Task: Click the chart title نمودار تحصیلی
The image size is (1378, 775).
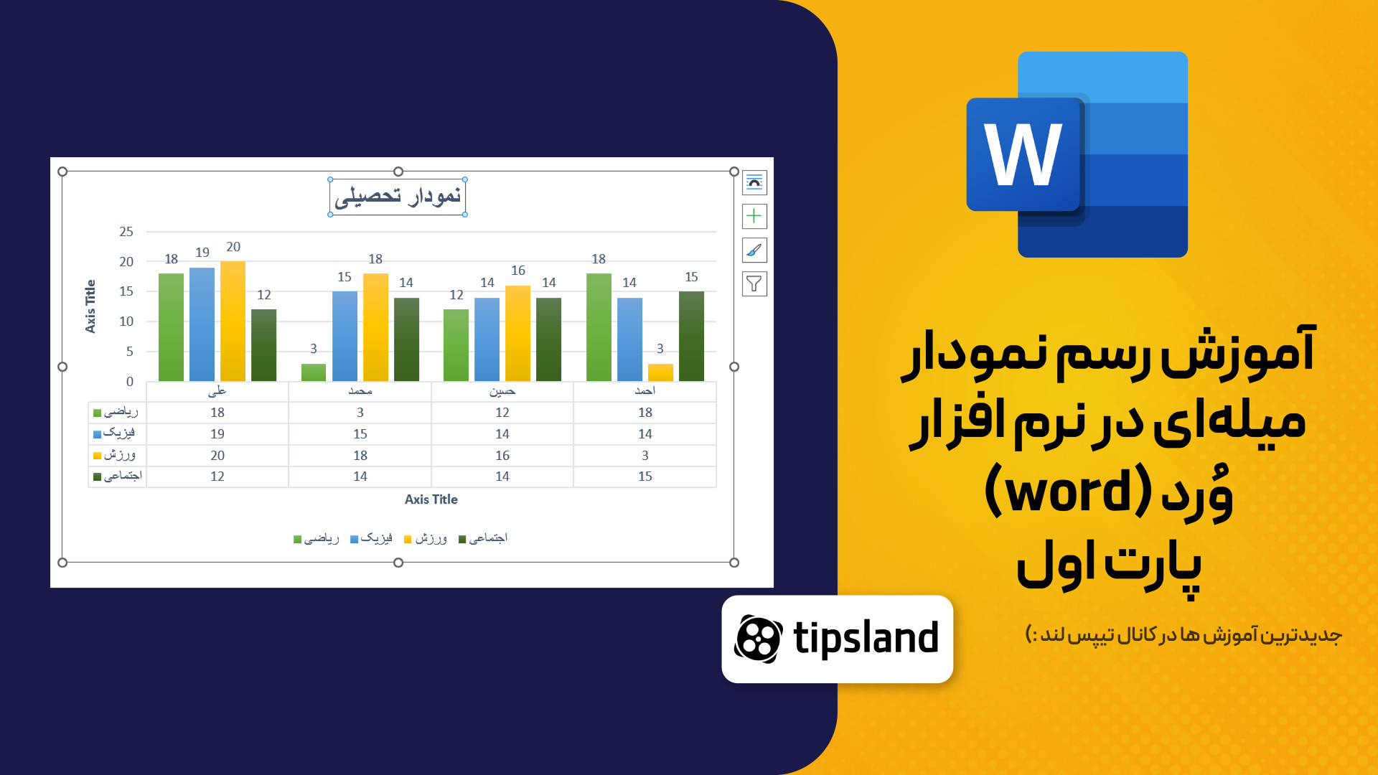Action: tap(398, 196)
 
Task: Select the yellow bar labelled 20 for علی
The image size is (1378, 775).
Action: tap(233, 321)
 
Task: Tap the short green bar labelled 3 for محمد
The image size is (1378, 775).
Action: tap(314, 372)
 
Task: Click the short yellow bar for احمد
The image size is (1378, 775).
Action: tap(660, 372)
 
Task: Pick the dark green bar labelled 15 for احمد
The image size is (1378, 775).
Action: tap(691, 336)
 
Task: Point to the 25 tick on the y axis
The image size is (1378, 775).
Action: tap(126, 232)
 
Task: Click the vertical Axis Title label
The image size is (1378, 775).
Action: tap(90, 306)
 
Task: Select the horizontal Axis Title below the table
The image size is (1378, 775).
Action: tap(431, 499)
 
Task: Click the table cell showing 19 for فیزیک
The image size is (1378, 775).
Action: tap(217, 434)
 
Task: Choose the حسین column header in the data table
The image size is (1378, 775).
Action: tap(502, 391)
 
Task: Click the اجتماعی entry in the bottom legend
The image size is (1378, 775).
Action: tap(483, 538)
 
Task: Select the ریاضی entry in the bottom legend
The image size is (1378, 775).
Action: tap(317, 538)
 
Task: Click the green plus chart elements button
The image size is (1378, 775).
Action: tap(754, 216)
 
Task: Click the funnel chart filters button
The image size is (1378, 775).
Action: tap(754, 284)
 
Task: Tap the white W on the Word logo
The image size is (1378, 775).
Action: tap(1023, 154)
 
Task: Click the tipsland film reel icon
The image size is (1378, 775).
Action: tap(759, 639)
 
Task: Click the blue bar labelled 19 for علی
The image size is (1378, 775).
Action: tap(202, 324)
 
